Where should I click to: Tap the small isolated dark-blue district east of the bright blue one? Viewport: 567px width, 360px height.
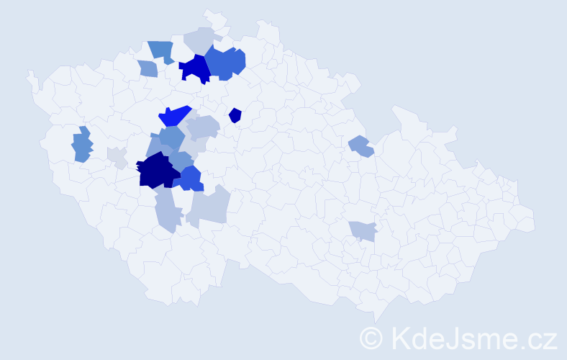pos(235,115)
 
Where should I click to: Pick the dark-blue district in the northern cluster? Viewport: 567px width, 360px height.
pos(194,69)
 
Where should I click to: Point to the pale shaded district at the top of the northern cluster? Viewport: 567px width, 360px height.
pos(201,39)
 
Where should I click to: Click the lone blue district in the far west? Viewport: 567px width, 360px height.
pos(82,145)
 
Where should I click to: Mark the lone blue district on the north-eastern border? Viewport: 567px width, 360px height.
pos(360,146)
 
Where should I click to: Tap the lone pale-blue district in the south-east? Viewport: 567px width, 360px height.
pos(363,230)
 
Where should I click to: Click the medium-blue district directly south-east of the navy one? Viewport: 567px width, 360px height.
pos(191,179)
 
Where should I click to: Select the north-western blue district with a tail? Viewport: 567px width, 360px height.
pos(161,51)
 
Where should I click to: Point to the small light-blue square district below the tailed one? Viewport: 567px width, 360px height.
pos(148,68)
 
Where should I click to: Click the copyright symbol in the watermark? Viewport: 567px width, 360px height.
pos(371,337)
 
